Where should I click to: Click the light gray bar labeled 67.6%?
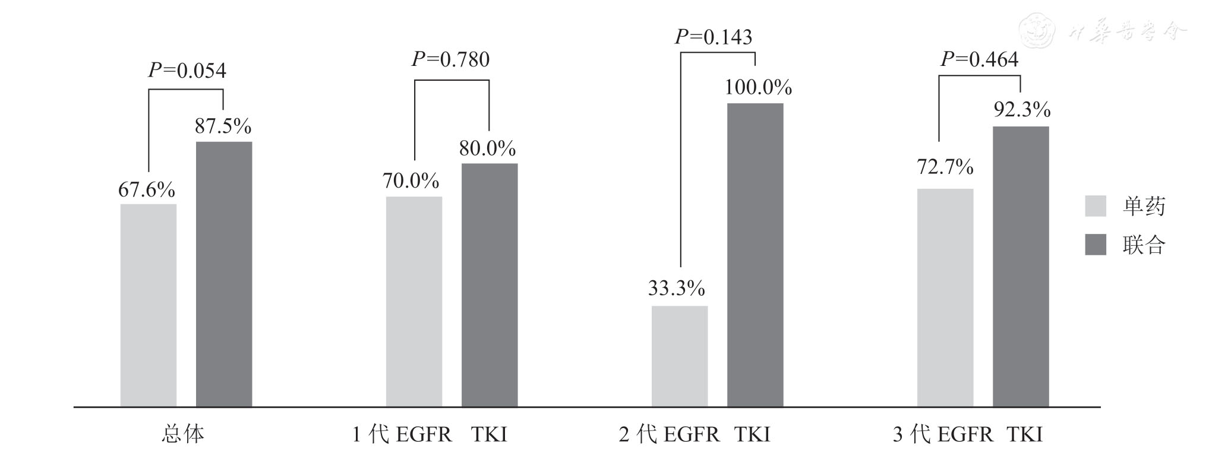(x=149, y=305)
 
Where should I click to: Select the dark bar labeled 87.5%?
(x=224, y=274)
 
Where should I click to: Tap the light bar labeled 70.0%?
(x=414, y=302)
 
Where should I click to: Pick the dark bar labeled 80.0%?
(x=490, y=285)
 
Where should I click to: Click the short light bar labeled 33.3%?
(x=680, y=356)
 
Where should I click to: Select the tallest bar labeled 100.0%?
(x=755, y=255)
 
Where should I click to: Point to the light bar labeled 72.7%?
(x=945, y=297)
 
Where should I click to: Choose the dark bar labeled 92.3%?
(x=1021, y=267)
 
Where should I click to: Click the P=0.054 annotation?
(x=187, y=71)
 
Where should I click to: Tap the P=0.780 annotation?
(x=451, y=59)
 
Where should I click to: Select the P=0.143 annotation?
(x=714, y=37)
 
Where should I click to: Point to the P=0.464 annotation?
(x=980, y=59)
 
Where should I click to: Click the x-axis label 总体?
(x=183, y=435)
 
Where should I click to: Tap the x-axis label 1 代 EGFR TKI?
(x=430, y=435)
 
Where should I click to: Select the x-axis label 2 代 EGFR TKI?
(x=694, y=435)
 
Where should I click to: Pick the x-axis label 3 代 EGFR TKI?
(x=967, y=435)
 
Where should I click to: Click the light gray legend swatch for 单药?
(x=1096, y=206)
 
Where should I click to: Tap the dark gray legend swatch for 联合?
(x=1096, y=245)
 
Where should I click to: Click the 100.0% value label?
(x=758, y=88)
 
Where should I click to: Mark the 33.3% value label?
(x=676, y=289)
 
